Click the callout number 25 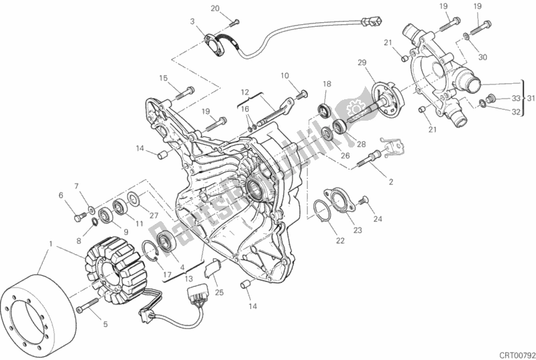point(219,292)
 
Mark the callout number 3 point(192,21)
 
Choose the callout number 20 point(215,8)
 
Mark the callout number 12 point(246,92)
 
